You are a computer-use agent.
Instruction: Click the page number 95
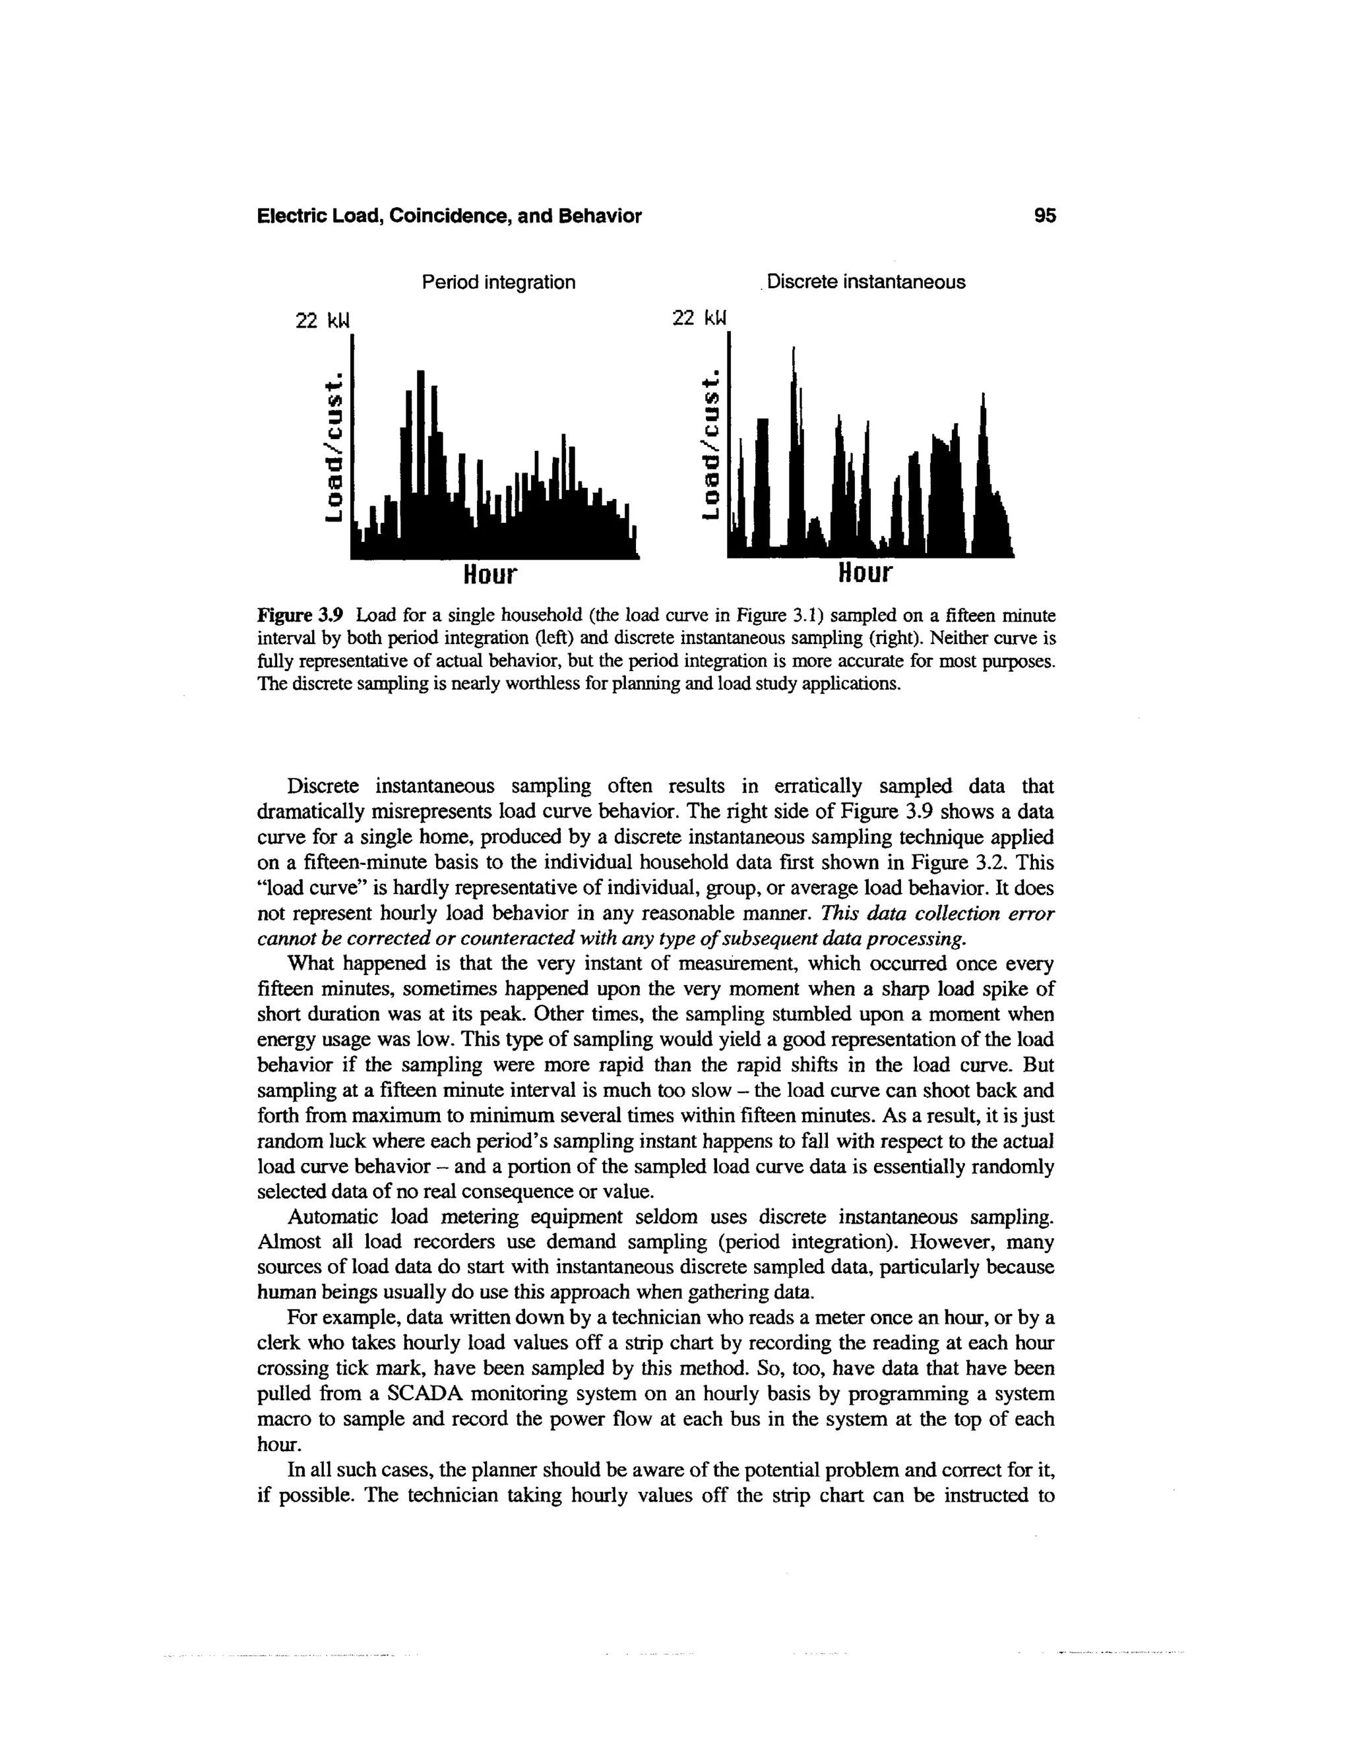[1044, 216]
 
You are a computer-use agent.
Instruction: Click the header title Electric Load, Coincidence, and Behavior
[449, 216]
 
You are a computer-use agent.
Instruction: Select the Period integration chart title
[498, 282]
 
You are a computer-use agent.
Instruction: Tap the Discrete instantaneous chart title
[865, 282]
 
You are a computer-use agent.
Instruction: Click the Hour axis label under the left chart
[491, 574]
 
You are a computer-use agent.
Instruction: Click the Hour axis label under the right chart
[864, 574]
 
